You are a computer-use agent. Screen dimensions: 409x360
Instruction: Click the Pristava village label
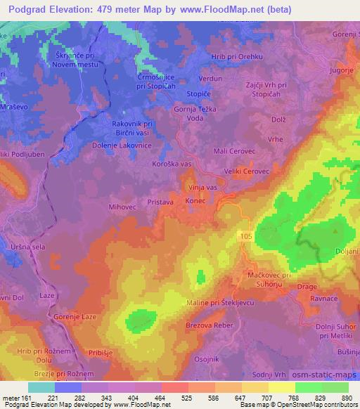160,201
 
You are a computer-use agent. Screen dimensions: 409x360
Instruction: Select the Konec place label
195,201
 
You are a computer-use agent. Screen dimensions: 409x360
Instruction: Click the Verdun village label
211,79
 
